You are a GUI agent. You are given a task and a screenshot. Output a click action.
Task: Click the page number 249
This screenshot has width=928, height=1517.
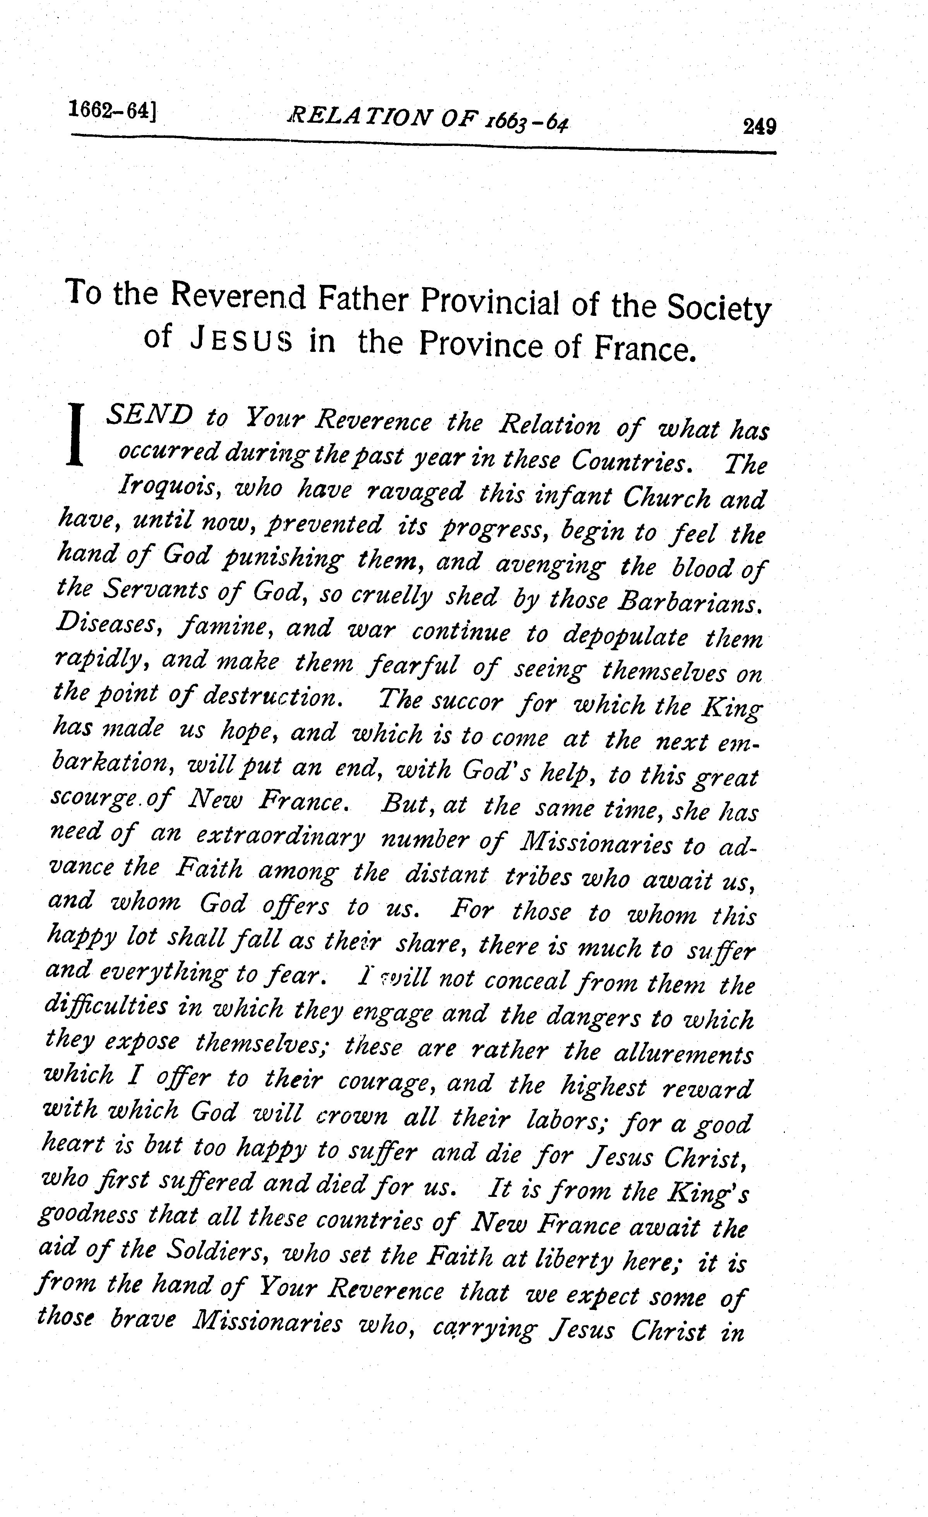[759, 127]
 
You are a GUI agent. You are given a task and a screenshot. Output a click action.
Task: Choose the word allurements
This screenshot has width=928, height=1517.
[683, 1054]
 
